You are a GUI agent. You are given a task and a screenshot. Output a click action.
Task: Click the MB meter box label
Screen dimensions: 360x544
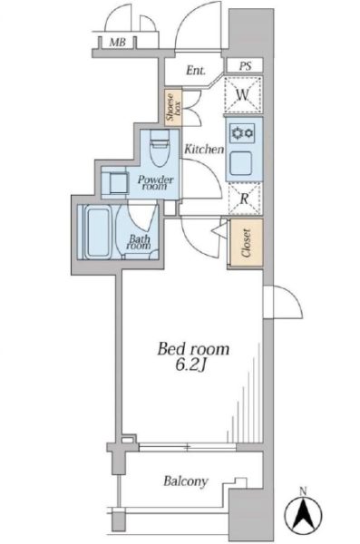coord(117,43)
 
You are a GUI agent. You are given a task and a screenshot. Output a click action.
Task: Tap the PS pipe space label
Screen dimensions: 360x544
coord(245,66)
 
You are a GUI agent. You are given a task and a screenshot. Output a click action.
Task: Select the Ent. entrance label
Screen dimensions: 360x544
coord(196,70)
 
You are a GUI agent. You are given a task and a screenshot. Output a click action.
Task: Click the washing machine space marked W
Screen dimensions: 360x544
coord(243,94)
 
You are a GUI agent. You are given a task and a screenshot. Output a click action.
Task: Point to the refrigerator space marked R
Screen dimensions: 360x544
coord(245,199)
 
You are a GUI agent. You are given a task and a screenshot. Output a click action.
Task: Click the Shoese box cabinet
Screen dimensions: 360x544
coord(173,106)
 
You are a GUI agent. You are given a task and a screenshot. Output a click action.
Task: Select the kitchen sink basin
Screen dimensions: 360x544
coord(241,163)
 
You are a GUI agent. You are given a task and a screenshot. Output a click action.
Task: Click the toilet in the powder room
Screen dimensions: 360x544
coord(160,146)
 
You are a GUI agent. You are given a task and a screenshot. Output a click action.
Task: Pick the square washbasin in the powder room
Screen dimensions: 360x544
coord(118,183)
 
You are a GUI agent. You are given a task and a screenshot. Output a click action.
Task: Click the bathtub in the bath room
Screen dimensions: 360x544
coord(98,231)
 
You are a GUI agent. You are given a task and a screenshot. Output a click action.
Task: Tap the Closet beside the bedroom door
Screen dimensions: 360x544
coord(245,242)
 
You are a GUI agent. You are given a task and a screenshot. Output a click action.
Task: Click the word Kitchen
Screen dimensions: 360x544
coord(204,150)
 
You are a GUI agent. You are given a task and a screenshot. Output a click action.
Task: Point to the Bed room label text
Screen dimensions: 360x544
coord(193,349)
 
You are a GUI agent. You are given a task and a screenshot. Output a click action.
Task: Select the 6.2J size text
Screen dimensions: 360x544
coord(190,365)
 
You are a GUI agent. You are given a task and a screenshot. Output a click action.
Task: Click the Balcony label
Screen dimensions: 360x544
coord(186,481)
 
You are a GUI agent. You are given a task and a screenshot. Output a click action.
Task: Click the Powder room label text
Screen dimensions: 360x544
coord(155,182)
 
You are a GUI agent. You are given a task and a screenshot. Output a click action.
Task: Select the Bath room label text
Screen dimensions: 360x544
coord(140,242)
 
